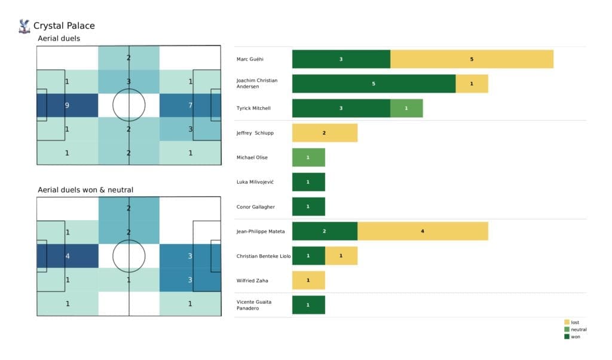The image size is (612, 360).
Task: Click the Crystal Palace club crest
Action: point(25,26)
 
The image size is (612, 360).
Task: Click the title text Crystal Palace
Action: point(64,26)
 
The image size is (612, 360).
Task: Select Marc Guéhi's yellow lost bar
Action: point(472,59)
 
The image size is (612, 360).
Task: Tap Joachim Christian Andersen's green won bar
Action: point(374,84)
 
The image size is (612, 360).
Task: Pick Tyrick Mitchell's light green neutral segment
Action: point(406,108)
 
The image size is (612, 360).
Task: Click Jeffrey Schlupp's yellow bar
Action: point(325,133)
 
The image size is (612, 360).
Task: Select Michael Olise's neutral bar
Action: point(308,157)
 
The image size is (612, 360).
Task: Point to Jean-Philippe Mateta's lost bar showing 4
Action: point(423,231)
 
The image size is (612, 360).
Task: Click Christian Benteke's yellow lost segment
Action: point(341,255)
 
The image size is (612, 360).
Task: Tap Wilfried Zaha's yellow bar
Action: point(308,280)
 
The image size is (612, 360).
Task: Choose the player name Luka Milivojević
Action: point(255,182)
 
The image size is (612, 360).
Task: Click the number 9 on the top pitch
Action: point(67,106)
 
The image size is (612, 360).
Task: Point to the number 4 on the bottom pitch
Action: point(67,256)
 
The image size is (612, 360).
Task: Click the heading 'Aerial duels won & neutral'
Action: point(85,190)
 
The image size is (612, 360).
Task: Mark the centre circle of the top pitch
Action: point(129,106)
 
